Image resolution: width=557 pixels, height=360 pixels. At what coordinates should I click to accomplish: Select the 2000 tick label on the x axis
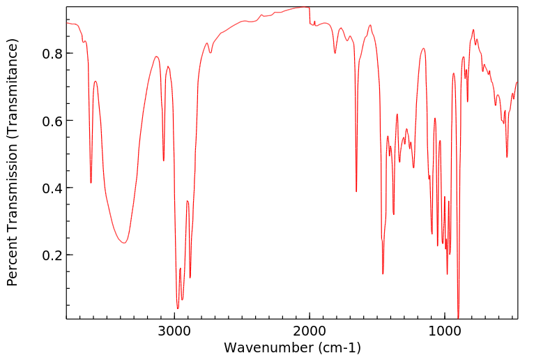click(x=310, y=331)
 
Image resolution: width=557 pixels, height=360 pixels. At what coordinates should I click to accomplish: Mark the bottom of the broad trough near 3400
click(x=123, y=243)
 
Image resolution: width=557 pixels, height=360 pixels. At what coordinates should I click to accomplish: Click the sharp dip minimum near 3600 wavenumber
click(x=91, y=183)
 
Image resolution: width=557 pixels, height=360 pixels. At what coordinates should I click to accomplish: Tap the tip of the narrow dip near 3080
click(x=164, y=160)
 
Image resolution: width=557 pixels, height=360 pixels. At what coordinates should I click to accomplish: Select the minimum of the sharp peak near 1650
click(x=356, y=191)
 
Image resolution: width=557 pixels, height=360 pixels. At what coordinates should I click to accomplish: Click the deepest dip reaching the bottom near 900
click(x=458, y=317)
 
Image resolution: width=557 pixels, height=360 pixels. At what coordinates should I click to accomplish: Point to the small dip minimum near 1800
click(x=335, y=53)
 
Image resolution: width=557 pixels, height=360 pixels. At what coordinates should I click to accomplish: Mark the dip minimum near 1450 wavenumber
click(x=383, y=273)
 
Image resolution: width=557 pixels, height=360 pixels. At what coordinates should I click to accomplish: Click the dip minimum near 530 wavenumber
click(x=507, y=157)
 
